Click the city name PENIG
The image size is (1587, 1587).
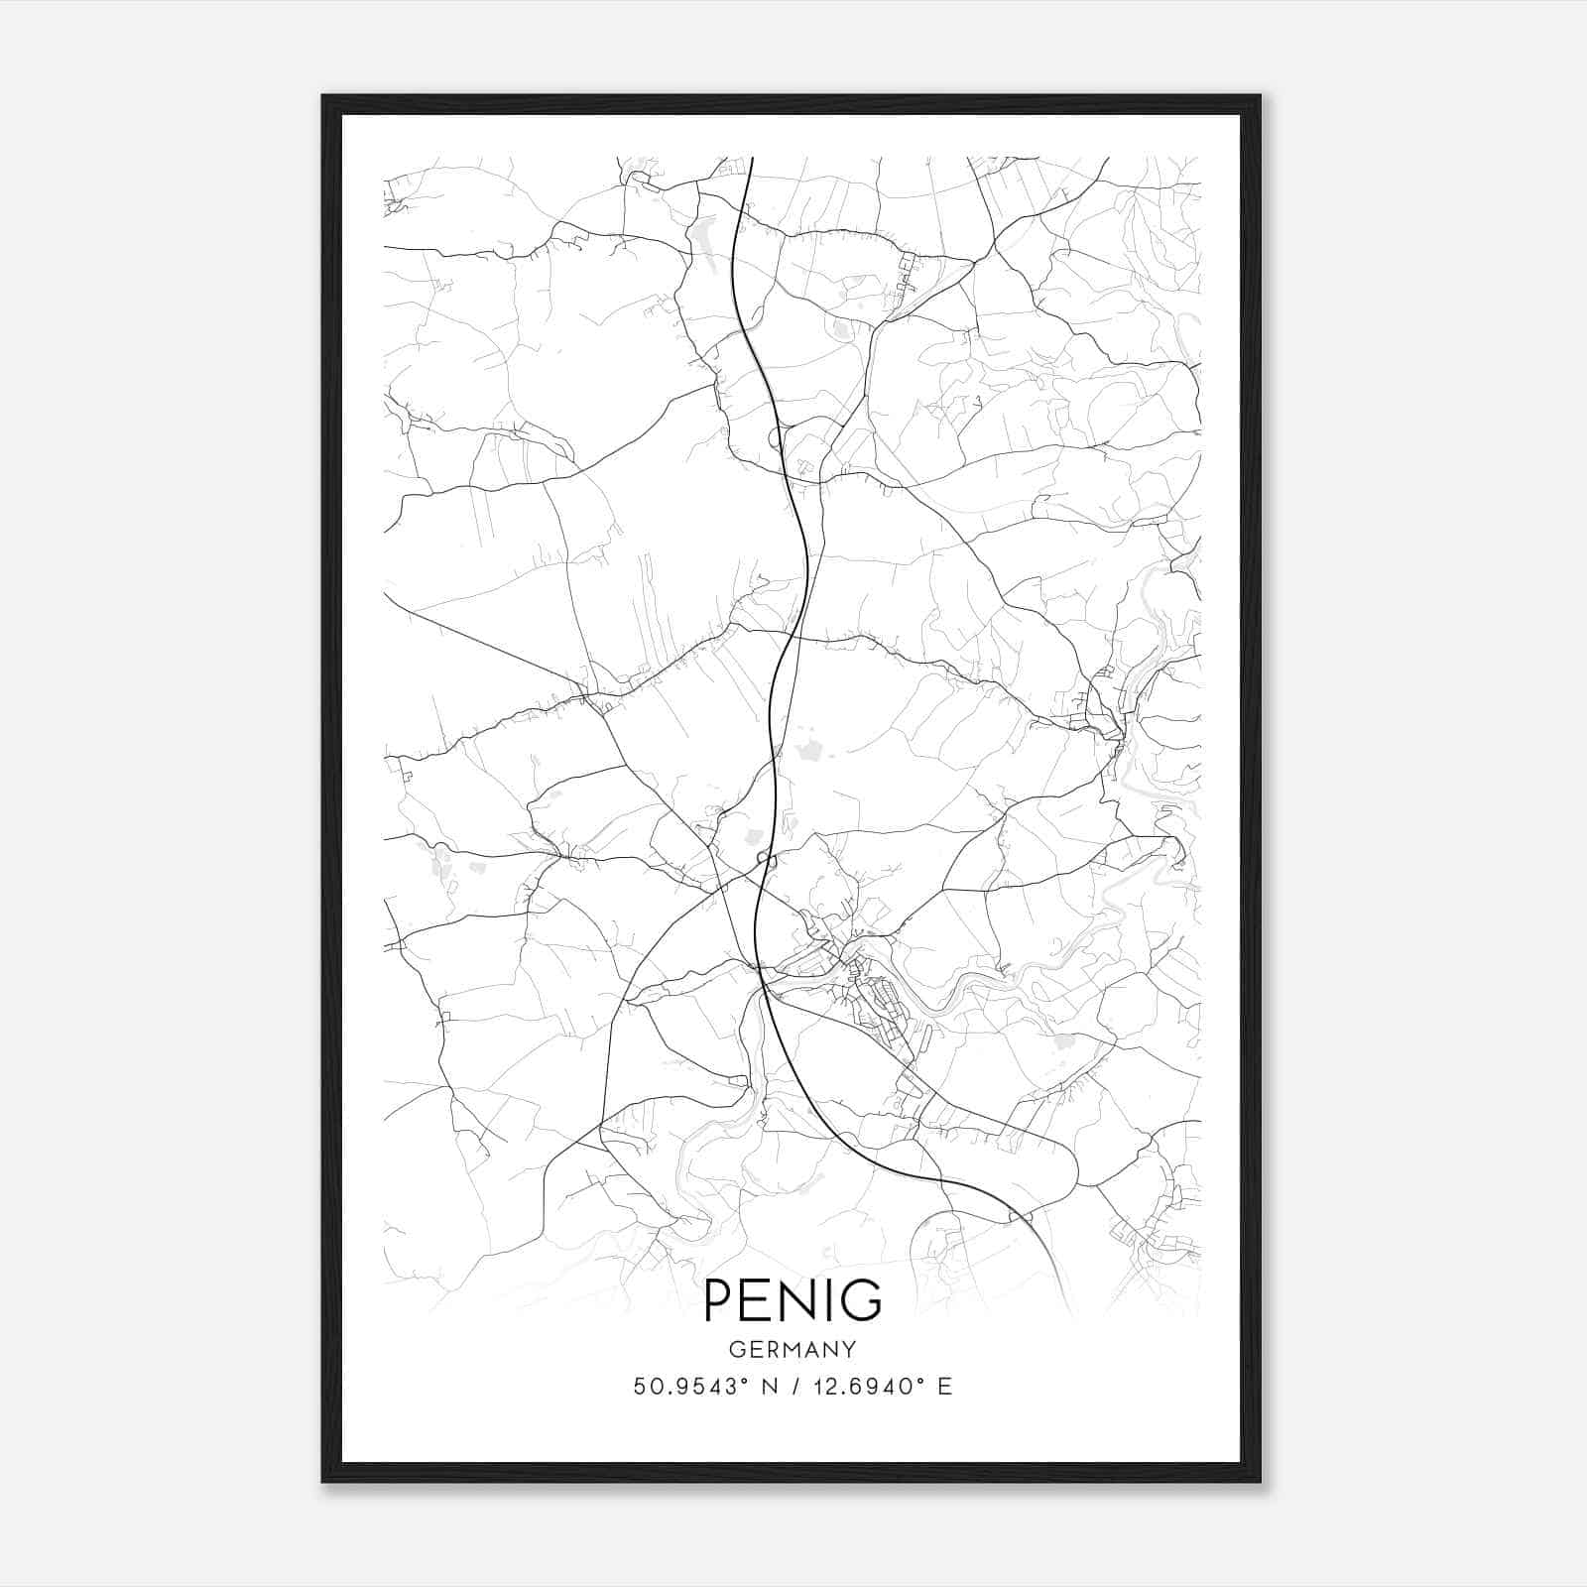(x=793, y=1300)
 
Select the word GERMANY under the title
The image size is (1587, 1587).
(x=793, y=1349)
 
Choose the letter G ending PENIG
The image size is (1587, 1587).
(x=862, y=1300)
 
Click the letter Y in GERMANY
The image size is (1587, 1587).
(x=849, y=1349)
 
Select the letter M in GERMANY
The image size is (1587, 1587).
(x=793, y=1349)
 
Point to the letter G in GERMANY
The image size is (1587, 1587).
(x=736, y=1349)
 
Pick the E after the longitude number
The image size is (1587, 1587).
(x=945, y=1387)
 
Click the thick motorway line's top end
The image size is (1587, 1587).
(x=752, y=159)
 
